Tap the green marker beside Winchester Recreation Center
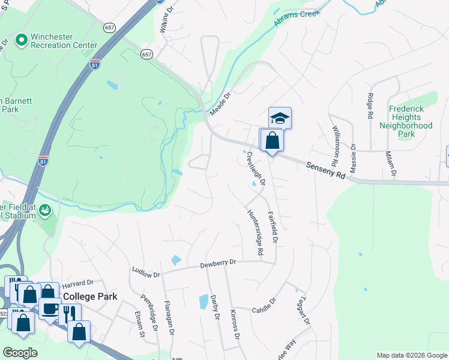[22, 40]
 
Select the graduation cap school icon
[280, 118]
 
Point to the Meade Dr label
[220, 104]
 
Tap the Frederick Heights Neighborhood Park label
[406, 121]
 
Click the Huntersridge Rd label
[255, 233]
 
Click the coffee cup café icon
[49, 309]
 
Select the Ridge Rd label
[370, 106]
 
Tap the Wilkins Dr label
[169, 19]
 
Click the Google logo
[19, 353]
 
